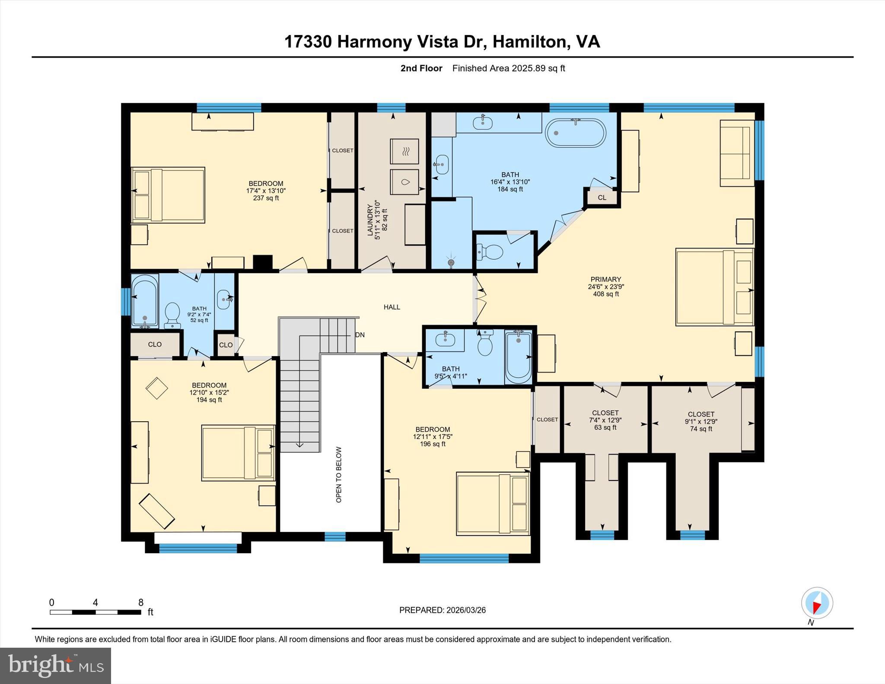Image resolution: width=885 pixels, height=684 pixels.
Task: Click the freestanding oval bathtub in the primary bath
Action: pyautogui.click(x=576, y=133)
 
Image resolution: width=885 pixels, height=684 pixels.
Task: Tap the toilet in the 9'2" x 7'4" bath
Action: pyautogui.click(x=172, y=315)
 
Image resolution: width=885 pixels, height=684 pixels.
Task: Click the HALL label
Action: pyautogui.click(x=392, y=307)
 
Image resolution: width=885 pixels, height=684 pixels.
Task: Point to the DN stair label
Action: pyautogui.click(x=360, y=335)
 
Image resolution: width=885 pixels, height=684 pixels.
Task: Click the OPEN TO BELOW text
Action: pyautogui.click(x=339, y=474)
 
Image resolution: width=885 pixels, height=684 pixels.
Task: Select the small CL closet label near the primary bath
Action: pyautogui.click(x=602, y=198)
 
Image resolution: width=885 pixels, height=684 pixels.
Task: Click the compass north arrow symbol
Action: pyautogui.click(x=817, y=603)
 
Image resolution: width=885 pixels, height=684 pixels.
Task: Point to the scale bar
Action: pyautogui.click(x=96, y=612)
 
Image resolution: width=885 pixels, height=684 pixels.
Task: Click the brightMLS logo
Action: pyautogui.click(x=55, y=665)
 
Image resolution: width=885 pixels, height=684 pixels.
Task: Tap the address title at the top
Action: pyautogui.click(x=442, y=42)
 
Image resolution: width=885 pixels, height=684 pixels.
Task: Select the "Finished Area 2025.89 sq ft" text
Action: pyautogui.click(x=509, y=68)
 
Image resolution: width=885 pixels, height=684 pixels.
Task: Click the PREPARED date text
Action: pyautogui.click(x=442, y=610)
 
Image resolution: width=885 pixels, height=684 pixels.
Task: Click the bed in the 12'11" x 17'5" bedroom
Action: pyautogui.click(x=493, y=503)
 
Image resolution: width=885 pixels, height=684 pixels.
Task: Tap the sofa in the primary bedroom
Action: pyautogui.click(x=737, y=153)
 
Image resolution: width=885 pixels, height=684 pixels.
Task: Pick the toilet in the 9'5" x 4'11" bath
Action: pyautogui.click(x=485, y=343)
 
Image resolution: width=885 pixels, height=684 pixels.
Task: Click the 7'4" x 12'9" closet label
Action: pyautogui.click(x=605, y=420)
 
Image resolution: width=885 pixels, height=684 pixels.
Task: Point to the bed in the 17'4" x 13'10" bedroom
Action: pyautogui.click(x=168, y=195)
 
